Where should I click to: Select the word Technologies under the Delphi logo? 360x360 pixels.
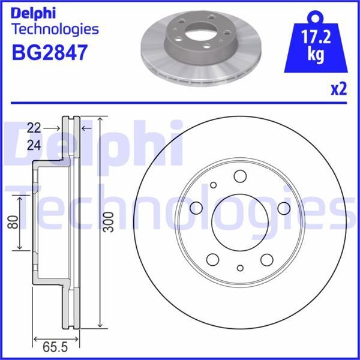click(x=55, y=28)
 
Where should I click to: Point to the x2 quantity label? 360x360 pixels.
click(x=338, y=89)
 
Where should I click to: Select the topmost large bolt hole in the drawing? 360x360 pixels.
click(x=240, y=176)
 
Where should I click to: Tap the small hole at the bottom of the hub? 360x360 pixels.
click(x=240, y=268)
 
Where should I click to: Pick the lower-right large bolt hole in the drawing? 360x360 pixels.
click(x=266, y=259)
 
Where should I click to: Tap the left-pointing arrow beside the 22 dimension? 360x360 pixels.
click(x=85, y=128)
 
